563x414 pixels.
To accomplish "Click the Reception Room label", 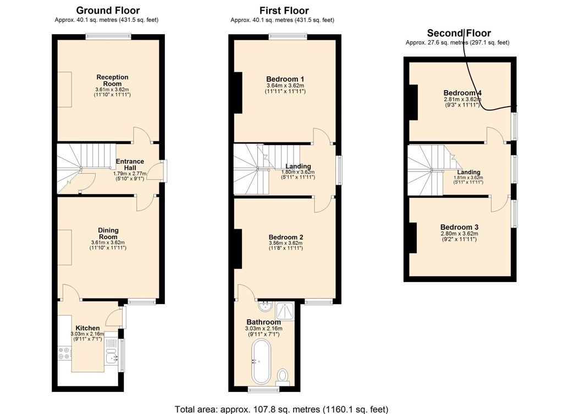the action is [112, 80].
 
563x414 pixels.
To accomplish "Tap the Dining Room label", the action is [108, 234].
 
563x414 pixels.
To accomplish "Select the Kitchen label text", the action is [87, 328].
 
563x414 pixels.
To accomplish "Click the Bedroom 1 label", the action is [285, 79].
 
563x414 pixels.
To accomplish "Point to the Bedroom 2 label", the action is [286, 237].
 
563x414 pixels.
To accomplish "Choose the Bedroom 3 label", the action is [459, 227].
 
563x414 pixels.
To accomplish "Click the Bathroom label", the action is [263, 322].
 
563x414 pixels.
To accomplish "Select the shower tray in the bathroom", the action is [285, 311].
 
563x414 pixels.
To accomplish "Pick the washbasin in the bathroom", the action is [266, 306].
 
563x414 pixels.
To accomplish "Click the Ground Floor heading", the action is [108, 10].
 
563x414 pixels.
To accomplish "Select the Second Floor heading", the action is [459, 33].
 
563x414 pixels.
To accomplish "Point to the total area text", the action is [281, 409].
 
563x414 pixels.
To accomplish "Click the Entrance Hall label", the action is [130, 164].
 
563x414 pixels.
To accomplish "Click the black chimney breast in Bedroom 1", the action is [238, 92].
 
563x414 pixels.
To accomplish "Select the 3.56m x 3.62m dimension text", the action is [286, 243].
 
